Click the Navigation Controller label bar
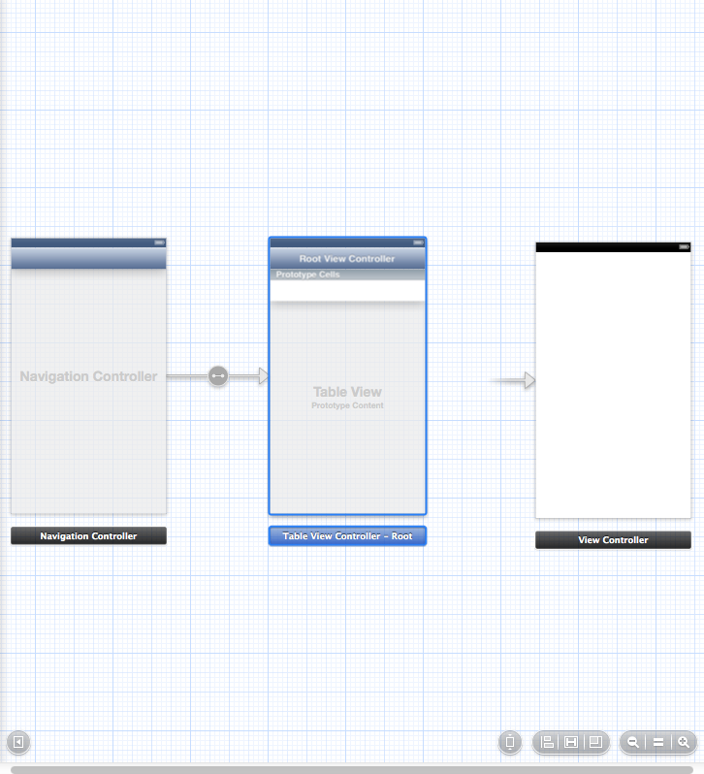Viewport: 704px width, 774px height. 88,535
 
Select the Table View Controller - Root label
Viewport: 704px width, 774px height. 347,536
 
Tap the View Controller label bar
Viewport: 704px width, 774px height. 613,540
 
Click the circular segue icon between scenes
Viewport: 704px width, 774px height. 218,375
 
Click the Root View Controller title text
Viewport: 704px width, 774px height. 347,259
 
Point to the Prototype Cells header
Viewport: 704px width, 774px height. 307,275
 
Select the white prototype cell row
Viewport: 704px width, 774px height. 347,290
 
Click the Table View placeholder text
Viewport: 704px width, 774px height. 347,392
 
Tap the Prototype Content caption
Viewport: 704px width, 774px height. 347,405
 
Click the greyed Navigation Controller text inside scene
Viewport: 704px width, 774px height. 88,376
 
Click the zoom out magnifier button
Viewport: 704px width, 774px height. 633,742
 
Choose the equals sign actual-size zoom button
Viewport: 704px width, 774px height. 657,742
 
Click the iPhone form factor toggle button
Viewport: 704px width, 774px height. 510,743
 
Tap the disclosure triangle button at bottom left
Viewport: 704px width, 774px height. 17,743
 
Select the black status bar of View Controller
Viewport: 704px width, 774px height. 613,247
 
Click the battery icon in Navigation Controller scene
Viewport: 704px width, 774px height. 159,242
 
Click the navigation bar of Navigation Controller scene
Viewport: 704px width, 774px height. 88,258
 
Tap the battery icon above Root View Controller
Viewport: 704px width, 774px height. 417,242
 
